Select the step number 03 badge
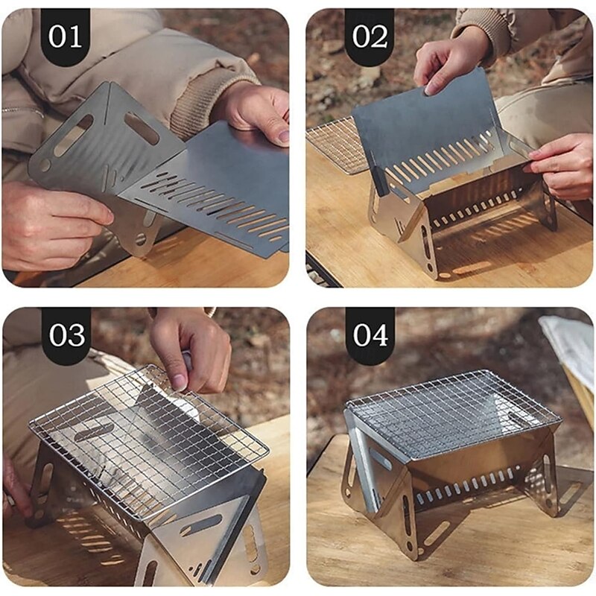point(66,335)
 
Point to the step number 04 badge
point(370,335)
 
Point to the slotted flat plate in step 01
point(216,194)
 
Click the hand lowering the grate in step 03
point(190,346)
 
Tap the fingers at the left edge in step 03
point(15,484)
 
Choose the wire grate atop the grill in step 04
point(451,410)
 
